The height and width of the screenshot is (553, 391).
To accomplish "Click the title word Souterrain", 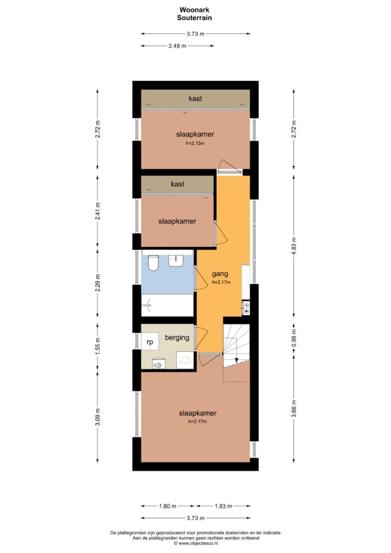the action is [194, 18].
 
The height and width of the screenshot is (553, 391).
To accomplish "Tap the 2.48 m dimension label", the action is [177, 46].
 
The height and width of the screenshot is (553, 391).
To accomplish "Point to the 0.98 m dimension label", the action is [293, 338].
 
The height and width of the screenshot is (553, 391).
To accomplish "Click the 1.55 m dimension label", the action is [98, 346].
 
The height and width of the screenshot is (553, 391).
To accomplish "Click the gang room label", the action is [220, 274].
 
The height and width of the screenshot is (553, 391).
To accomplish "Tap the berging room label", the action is [177, 337].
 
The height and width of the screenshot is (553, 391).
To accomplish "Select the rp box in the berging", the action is [150, 341].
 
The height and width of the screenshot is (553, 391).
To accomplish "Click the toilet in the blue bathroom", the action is [153, 263].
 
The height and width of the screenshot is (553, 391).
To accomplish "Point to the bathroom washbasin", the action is [175, 260].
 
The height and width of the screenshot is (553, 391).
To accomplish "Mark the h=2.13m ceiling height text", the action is [195, 143].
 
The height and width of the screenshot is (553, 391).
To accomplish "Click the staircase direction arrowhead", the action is [237, 360].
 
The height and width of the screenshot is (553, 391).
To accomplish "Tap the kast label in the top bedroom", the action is [195, 99].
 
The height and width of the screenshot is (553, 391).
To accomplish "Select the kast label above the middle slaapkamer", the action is [178, 184].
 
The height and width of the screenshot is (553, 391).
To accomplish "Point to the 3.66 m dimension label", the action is [293, 408].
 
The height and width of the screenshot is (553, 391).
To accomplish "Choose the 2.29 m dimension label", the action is [98, 282].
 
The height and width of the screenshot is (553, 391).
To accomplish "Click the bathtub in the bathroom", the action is [167, 305].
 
